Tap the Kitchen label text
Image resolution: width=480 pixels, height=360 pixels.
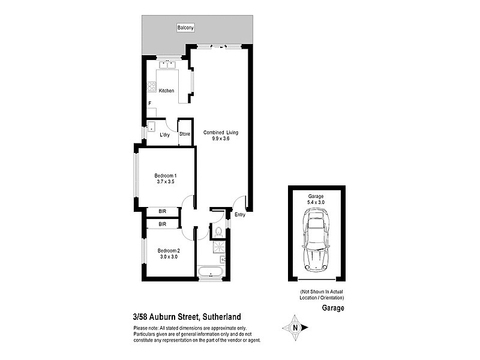[x=166, y=91]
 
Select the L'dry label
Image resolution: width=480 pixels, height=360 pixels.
[x=164, y=134]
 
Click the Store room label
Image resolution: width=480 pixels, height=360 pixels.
[x=185, y=134]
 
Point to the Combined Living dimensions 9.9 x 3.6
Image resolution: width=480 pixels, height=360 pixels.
[x=217, y=139]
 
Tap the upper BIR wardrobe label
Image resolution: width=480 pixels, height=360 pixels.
[x=163, y=212]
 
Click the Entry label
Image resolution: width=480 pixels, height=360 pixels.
[x=240, y=214]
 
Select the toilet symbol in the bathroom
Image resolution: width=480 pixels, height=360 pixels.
[x=219, y=231]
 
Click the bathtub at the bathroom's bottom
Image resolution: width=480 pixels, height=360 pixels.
[x=211, y=274]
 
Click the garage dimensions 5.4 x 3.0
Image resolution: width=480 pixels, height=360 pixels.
[x=316, y=203]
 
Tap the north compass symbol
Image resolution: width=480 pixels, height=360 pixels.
[x=295, y=328]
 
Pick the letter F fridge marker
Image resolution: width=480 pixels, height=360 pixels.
[x=149, y=104]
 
